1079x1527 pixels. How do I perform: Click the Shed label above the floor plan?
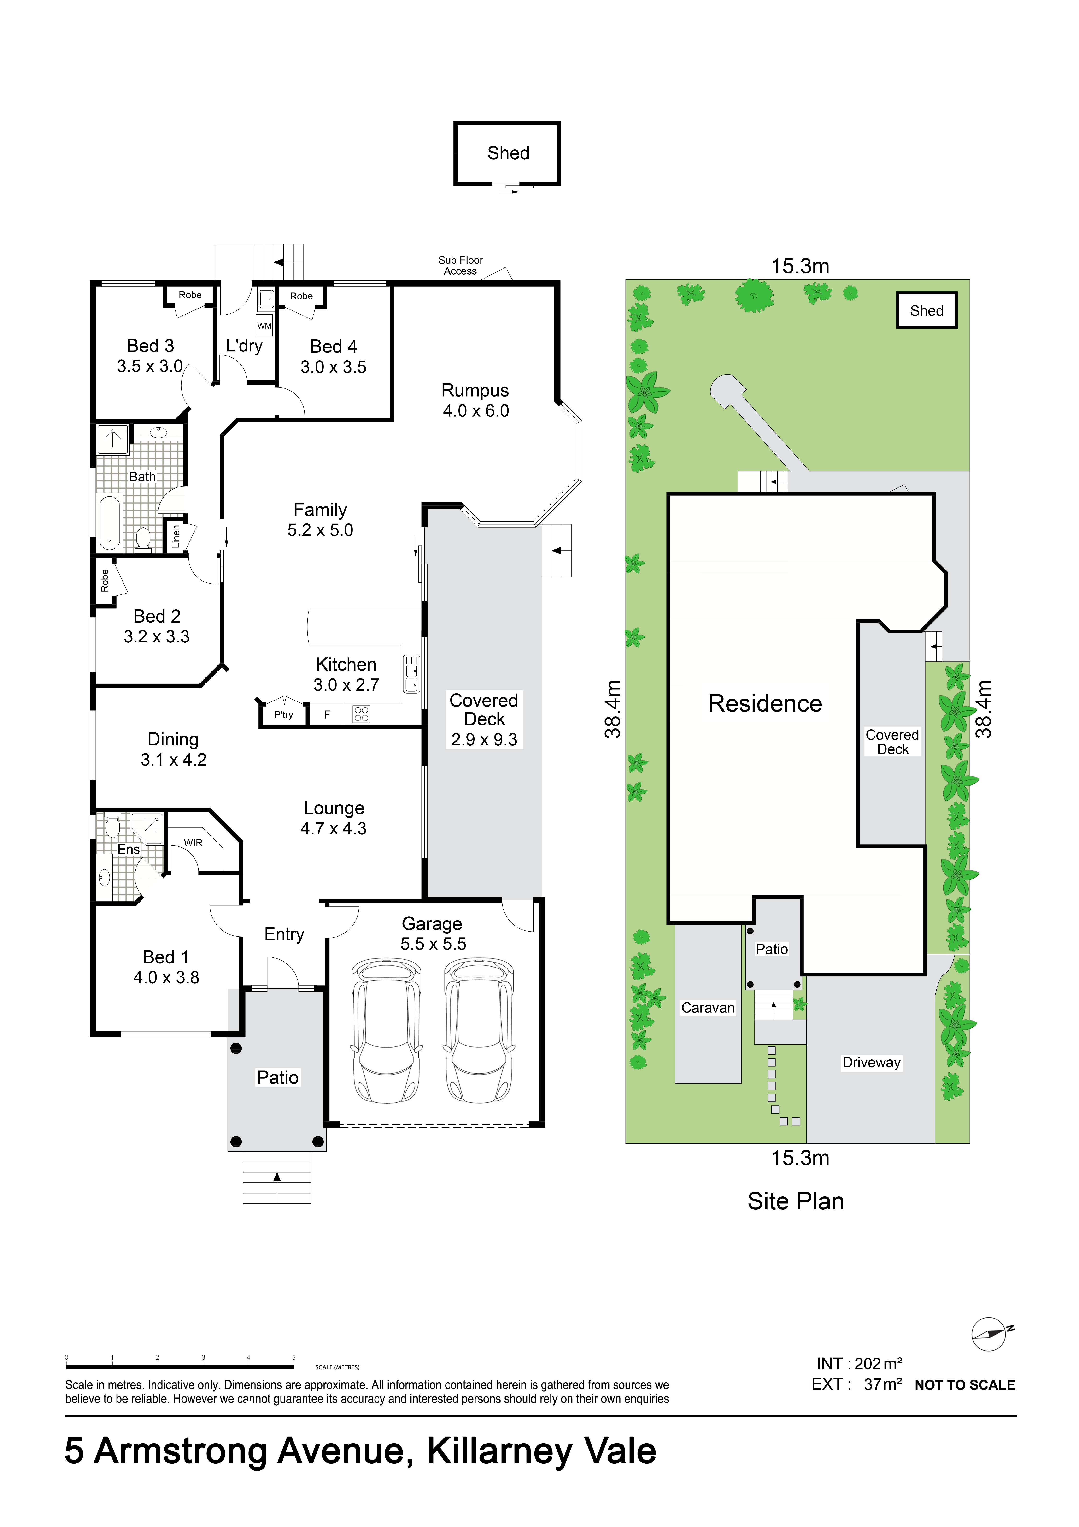(508, 153)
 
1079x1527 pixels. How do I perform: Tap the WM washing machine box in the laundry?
(264, 325)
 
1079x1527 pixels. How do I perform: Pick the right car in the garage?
(479, 1030)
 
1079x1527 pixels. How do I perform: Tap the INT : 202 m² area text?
(859, 1363)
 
